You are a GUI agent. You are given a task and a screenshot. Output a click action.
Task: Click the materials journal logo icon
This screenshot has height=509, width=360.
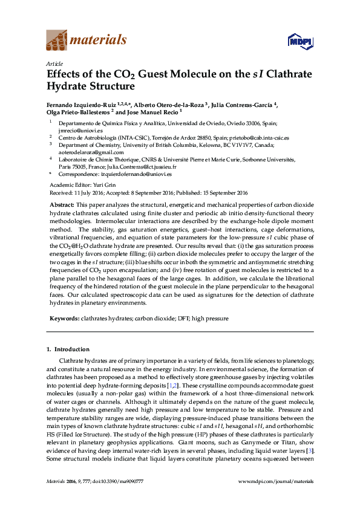57,41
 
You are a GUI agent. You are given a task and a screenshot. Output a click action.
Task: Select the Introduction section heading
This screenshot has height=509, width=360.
71,349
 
